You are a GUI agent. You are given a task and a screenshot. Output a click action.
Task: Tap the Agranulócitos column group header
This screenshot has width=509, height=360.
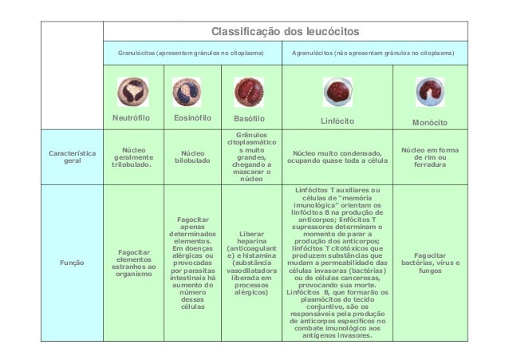click(x=373, y=58)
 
